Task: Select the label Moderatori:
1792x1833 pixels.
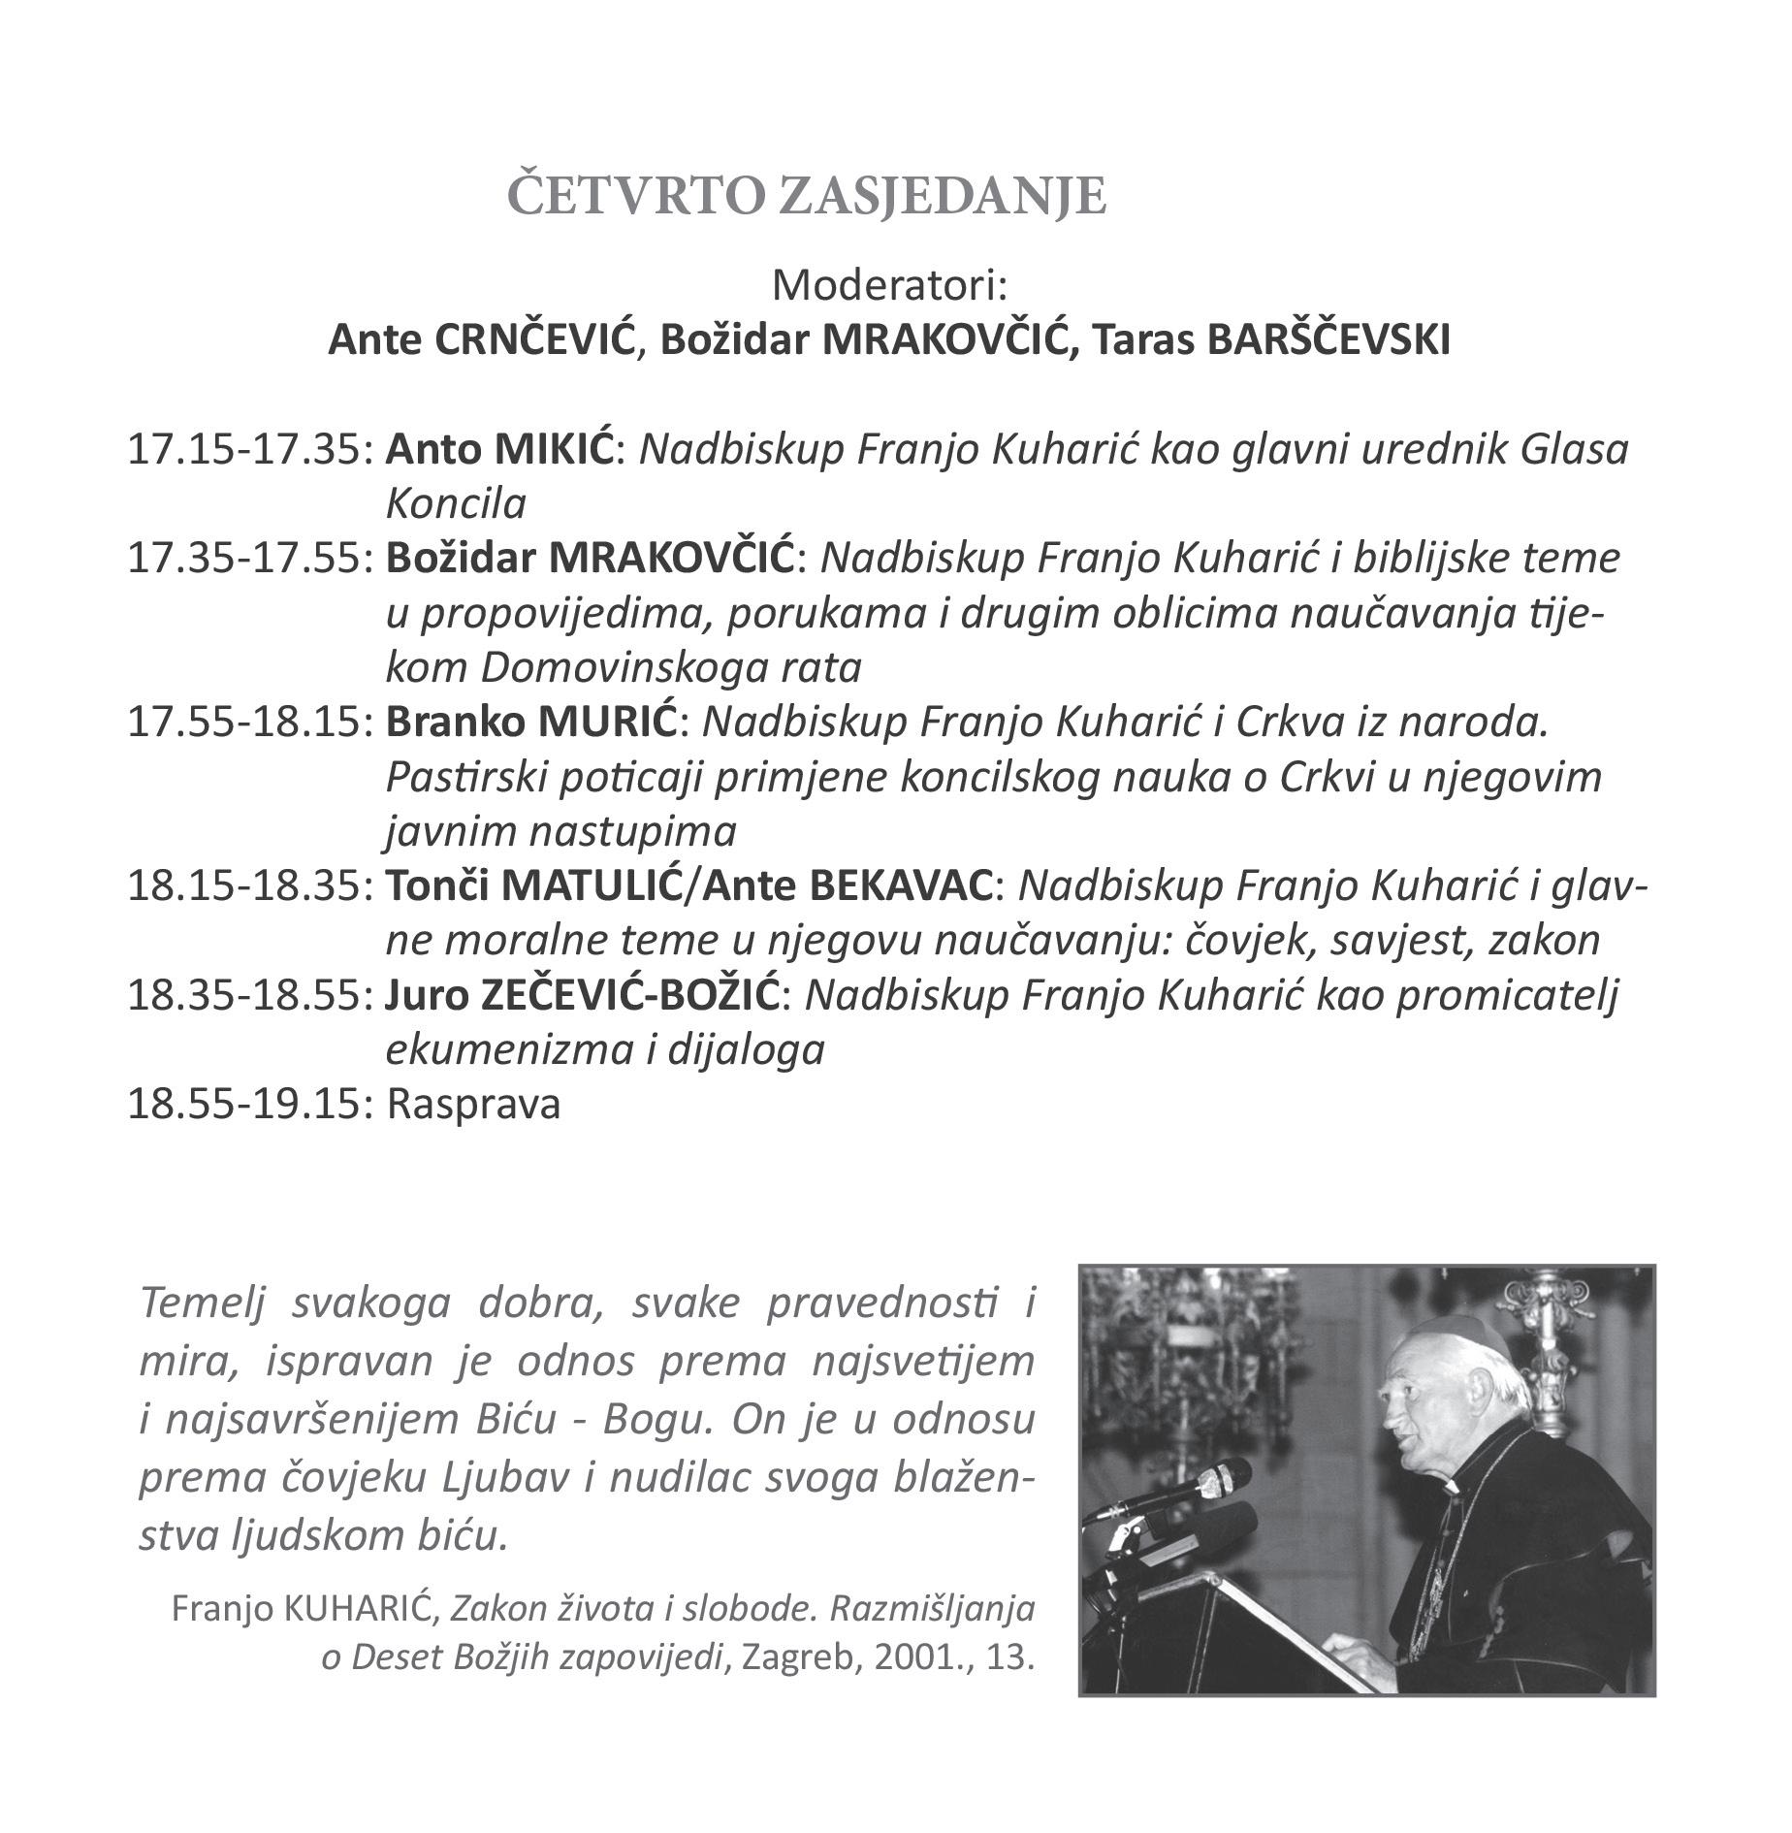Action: [889, 287]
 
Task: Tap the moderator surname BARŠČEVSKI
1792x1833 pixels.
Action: [1326, 341]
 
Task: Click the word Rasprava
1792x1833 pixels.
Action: [473, 1106]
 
